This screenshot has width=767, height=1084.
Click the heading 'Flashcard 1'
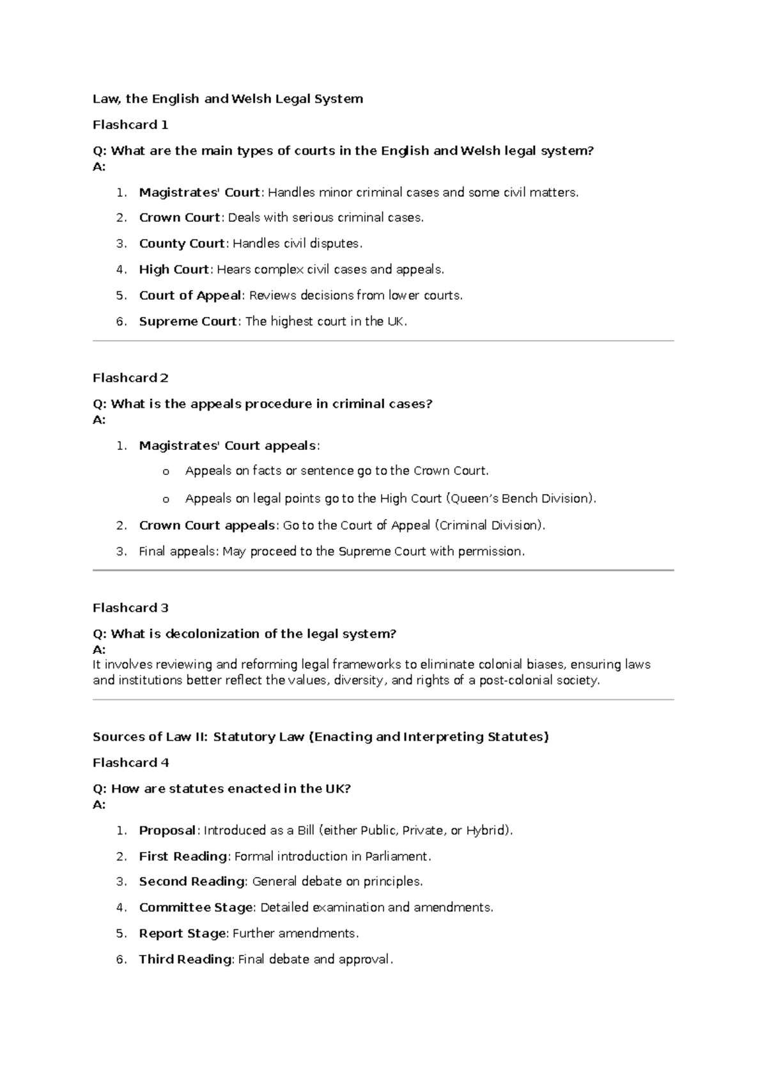click(x=130, y=125)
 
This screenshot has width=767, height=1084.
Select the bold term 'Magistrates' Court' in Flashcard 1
click(x=199, y=192)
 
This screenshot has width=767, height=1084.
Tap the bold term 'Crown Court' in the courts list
click(x=180, y=218)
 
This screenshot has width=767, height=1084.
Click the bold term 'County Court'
click(x=182, y=244)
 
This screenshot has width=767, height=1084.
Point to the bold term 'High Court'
click(x=174, y=270)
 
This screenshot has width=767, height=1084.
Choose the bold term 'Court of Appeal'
click(x=190, y=295)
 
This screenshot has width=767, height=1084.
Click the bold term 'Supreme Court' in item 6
click(x=188, y=321)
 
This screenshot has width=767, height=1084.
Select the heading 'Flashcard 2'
click(x=130, y=378)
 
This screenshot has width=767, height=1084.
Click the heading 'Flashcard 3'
click(x=130, y=608)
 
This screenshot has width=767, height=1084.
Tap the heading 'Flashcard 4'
click(x=130, y=763)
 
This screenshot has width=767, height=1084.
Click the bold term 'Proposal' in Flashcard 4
click(x=167, y=830)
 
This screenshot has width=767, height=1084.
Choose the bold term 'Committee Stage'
click(x=196, y=908)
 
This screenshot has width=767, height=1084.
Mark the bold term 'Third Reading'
click(x=185, y=959)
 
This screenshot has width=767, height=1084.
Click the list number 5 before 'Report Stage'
click(x=121, y=934)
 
